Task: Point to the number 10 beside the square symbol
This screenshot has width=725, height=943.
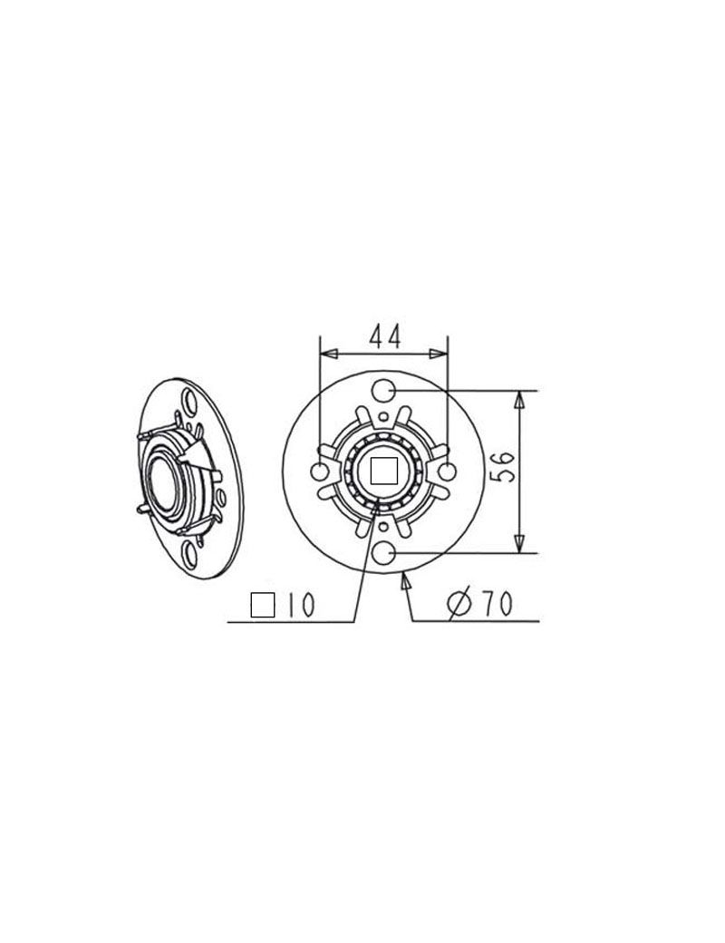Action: (299, 605)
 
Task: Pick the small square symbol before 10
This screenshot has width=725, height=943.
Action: (263, 605)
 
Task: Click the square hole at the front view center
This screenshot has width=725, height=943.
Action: (384, 471)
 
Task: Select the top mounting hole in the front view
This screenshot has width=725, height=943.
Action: (383, 391)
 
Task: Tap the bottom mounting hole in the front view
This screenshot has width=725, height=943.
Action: (383, 552)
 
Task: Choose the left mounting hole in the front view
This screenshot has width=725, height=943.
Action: (320, 471)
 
